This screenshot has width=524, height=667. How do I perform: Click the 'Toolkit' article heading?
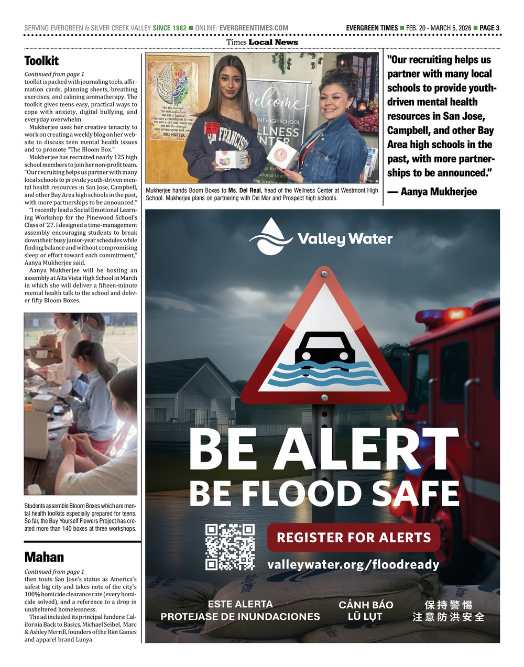pos(41,61)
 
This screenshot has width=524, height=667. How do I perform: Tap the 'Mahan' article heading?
pos(44,557)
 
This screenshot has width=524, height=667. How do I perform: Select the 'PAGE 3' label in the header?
pos(489,28)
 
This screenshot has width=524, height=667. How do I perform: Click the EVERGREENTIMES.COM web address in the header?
pos(254,28)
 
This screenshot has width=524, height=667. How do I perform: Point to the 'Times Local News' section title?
pos(262,42)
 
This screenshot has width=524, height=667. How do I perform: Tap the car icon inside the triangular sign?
pos(321,349)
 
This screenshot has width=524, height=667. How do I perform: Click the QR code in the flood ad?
pos(230,547)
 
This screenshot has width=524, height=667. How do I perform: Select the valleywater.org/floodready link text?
pos(353,565)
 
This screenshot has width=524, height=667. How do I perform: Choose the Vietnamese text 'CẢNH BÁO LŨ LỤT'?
pos(365,611)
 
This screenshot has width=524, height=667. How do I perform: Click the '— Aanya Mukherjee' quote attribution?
pos(432,192)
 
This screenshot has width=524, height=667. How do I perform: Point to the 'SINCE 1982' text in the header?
pos(169,28)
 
